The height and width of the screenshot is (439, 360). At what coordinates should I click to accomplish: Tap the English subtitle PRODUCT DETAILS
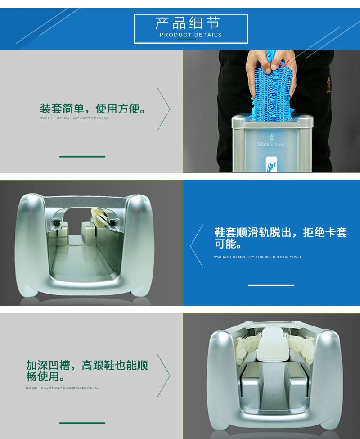191,35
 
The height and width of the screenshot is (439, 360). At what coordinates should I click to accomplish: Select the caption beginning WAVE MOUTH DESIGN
258,257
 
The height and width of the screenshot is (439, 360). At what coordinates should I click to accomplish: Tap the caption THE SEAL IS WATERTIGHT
62,388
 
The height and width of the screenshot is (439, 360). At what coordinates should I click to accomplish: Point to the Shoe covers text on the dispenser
271,144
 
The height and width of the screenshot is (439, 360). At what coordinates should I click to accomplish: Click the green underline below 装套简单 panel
82,157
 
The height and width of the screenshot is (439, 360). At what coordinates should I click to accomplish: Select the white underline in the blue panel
271,285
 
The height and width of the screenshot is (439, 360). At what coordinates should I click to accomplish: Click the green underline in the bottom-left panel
82,423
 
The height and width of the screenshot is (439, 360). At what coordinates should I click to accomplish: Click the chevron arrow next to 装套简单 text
164,109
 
